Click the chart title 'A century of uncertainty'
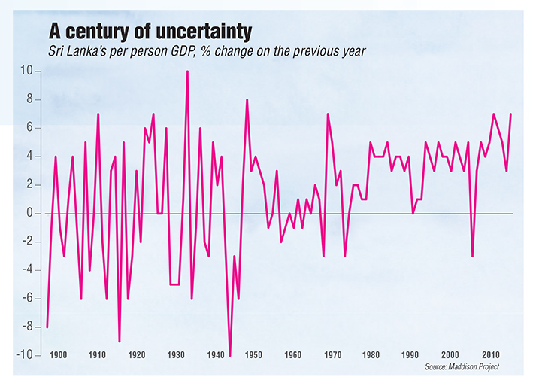(150, 32)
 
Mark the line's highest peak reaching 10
(187, 71)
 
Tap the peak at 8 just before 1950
(247, 100)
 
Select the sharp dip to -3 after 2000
(472, 256)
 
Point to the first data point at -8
(47, 327)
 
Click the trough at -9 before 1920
(120, 341)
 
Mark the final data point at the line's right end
(510, 114)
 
